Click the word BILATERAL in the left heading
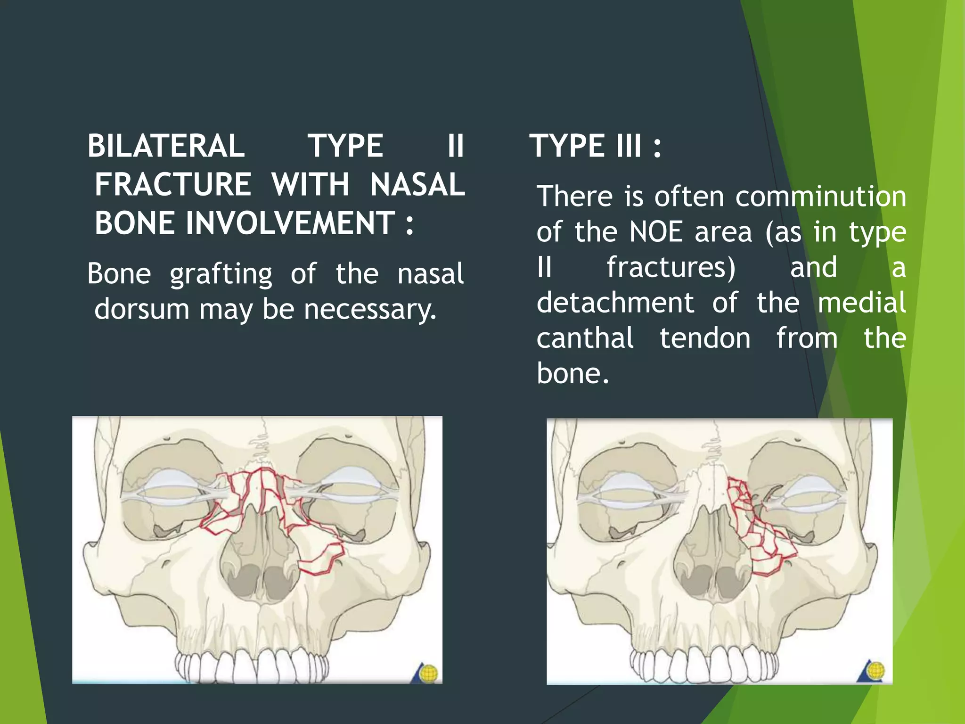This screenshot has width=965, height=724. [x=166, y=146]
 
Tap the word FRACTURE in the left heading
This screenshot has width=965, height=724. [x=173, y=184]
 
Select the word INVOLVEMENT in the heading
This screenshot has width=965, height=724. [x=290, y=223]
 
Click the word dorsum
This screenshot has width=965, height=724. [x=141, y=310]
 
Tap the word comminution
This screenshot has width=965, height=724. [x=820, y=197]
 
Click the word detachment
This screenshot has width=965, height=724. [x=615, y=303]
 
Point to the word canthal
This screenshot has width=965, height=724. [x=585, y=338]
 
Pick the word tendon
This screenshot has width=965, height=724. [x=705, y=338]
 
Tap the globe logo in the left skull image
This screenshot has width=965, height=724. [x=428, y=673]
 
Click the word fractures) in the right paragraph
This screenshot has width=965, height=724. [x=671, y=267]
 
